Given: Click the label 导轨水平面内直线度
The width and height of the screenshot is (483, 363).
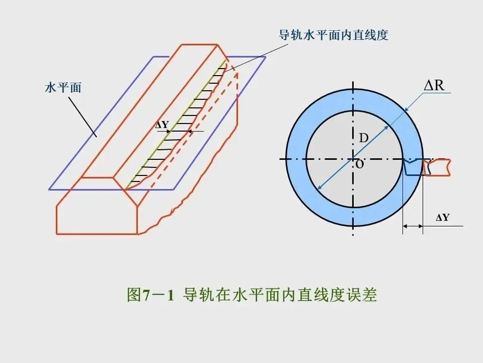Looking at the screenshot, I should pos(334,35).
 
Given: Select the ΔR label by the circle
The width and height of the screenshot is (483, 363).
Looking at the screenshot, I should pos(434,85).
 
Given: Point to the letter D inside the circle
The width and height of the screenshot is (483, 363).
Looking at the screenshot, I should pos(363,138).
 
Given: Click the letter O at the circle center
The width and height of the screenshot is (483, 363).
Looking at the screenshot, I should pos(359,165).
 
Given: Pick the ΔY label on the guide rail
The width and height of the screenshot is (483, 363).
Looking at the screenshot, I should pos(162,125).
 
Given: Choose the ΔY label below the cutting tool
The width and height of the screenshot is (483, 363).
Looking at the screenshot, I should pos(442,218).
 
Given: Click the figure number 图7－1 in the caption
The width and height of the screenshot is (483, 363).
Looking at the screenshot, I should pos(150,295).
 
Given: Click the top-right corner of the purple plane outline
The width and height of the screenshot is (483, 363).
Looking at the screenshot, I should pos(266,56).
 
